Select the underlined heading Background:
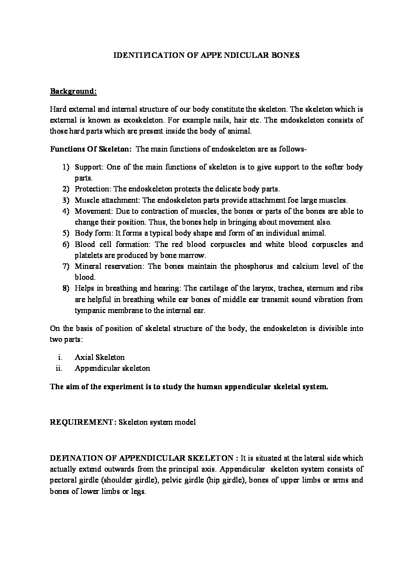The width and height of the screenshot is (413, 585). (x=73, y=91)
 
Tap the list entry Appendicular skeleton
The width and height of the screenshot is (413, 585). (x=112, y=368)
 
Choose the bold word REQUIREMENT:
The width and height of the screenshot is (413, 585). (x=83, y=422)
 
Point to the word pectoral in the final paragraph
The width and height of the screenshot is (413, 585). (x=63, y=480)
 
